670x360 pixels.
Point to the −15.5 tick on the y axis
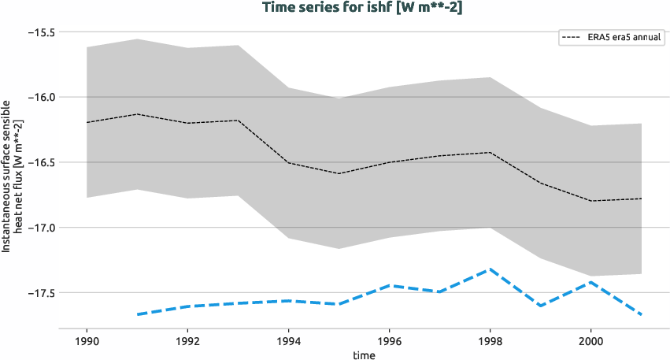41,32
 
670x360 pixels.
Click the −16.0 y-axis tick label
41,98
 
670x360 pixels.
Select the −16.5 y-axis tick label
41,162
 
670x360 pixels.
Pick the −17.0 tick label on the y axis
41,228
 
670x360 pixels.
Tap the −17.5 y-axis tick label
41,293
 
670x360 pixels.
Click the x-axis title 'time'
364,355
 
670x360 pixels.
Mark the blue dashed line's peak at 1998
490,269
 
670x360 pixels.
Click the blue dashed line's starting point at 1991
137,314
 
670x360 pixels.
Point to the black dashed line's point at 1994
288,162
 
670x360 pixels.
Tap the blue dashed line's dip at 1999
540,306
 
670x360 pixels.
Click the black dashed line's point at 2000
590,201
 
